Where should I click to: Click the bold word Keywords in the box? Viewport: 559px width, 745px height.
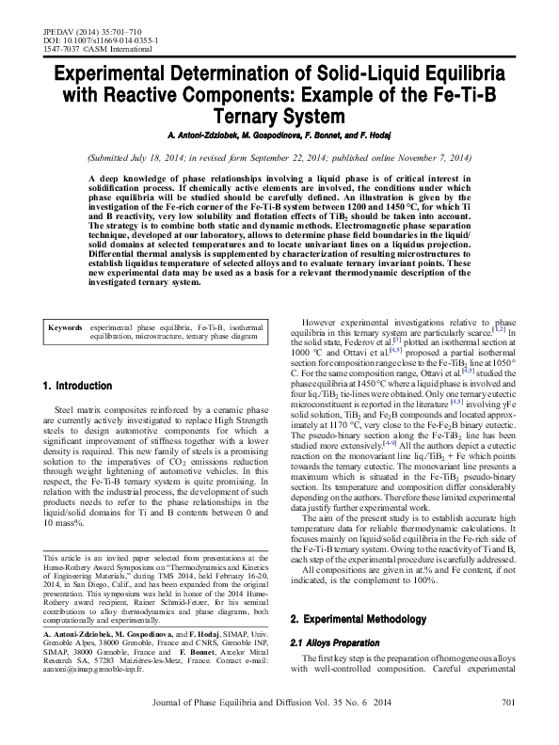tap(67, 326)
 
